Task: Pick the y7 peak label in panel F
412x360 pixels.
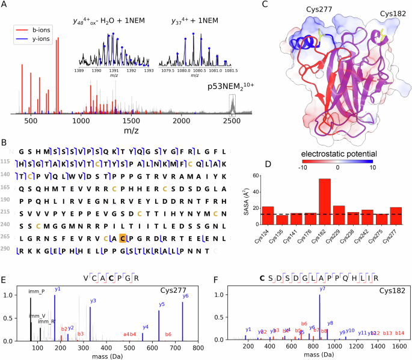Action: click(x=322, y=289)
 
